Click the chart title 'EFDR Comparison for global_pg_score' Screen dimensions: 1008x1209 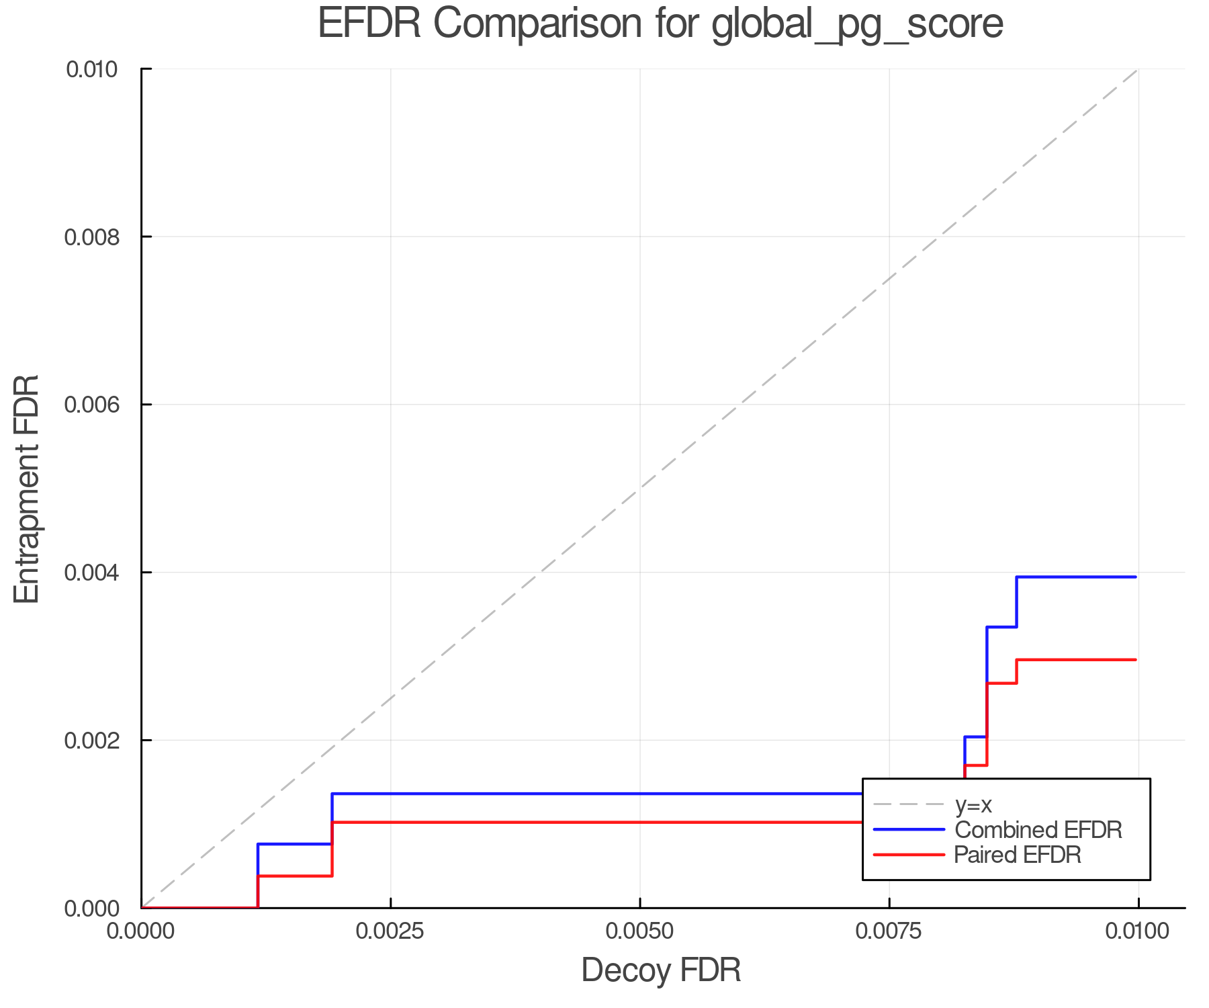point(660,24)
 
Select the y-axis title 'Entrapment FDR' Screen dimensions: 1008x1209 point(28,489)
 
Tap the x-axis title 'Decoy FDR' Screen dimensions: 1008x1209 point(661,970)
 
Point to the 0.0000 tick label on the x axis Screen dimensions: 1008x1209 point(141,931)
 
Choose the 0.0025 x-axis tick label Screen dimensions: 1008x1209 point(390,931)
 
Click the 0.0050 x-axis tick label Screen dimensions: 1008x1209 point(639,931)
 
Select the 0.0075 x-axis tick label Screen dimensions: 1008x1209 point(889,931)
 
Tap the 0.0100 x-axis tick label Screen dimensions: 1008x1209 point(1138,931)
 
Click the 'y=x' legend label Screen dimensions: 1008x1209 point(973,805)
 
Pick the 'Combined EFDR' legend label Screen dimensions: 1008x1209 point(1038,830)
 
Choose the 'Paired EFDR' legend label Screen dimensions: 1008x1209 point(1018,855)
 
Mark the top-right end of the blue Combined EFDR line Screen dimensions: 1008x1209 point(1136,577)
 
